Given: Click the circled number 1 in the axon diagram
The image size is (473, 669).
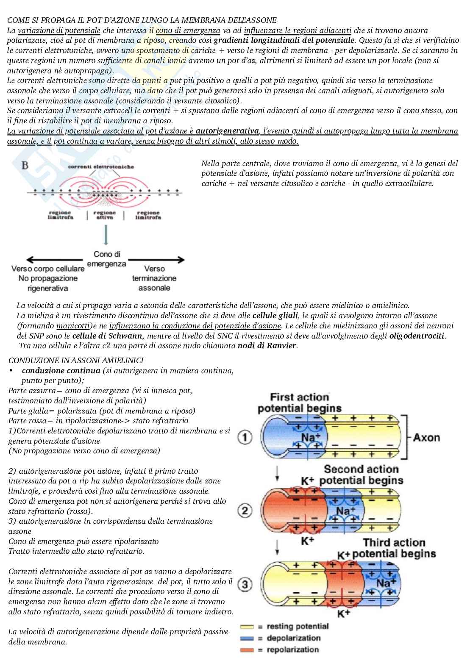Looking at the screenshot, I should (245, 437).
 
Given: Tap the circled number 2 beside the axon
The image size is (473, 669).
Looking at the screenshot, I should (245, 511).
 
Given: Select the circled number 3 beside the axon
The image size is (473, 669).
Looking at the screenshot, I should (245, 585).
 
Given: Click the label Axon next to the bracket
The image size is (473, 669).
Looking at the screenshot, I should (426, 437).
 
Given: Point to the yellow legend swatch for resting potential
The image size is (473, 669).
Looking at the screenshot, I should (247, 626).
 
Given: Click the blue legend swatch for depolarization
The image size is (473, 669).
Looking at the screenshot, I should (247, 638).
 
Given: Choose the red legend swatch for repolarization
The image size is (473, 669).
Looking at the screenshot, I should (247, 650).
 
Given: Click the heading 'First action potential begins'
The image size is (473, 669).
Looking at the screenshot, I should (300, 403).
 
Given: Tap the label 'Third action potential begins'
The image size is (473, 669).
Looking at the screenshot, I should (394, 548).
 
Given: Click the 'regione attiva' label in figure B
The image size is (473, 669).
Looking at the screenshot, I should (105, 215).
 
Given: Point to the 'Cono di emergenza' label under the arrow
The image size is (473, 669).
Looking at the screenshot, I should (106, 259).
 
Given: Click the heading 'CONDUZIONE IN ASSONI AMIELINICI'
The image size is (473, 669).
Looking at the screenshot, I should (76, 360).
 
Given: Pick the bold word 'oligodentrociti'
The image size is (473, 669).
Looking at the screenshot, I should (417, 336).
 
